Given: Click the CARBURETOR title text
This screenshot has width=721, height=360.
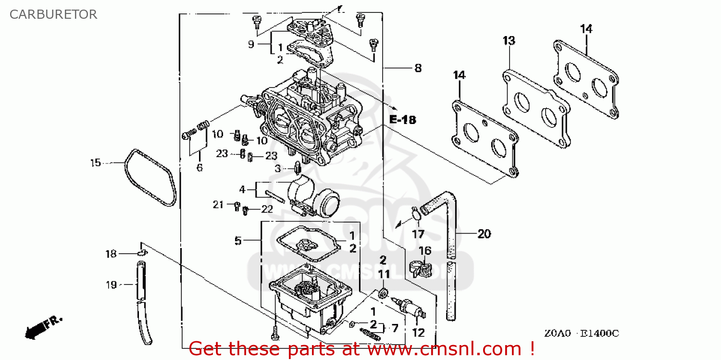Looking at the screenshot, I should [x=53, y=14].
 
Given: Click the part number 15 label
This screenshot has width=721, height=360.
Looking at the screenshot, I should [x=96, y=163].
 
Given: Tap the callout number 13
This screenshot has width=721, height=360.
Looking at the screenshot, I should [x=509, y=41].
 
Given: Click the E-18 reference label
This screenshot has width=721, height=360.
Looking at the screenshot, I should [x=402, y=120].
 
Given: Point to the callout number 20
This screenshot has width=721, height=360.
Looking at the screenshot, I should [x=484, y=234].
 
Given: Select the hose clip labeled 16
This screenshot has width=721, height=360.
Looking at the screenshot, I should [x=417, y=271].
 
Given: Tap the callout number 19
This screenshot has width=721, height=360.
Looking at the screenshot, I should [x=111, y=285].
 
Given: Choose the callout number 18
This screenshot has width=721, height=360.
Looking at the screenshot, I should [x=111, y=254].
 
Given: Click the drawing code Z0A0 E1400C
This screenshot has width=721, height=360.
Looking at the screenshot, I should [x=582, y=333].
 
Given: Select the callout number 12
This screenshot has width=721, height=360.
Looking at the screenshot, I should [x=419, y=332].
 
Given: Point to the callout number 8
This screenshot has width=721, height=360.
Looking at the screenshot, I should [x=418, y=68].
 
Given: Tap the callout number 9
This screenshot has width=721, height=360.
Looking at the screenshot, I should [x=250, y=44].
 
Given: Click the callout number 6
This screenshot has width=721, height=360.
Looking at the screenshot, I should [x=199, y=168].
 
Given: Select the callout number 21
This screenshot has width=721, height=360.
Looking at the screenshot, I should [x=218, y=205].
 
